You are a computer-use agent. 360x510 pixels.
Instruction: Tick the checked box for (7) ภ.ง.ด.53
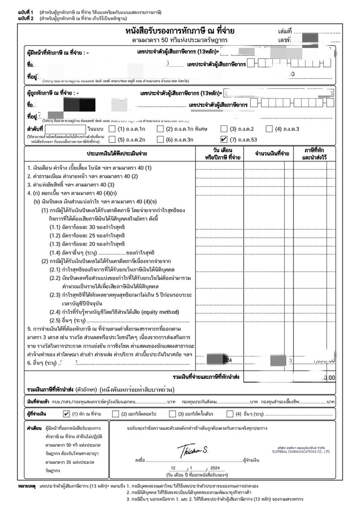(x=224, y=139)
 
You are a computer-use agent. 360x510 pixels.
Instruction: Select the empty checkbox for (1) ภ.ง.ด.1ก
(x=113, y=129)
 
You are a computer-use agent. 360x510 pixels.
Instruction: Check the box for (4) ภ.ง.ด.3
(x=270, y=129)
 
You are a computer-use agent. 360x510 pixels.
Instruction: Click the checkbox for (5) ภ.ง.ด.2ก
(x=113, y=139)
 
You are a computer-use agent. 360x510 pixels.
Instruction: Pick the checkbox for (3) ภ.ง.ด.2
(x=224, y=129)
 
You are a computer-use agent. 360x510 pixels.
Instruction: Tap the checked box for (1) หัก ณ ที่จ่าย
(x=66, y=413)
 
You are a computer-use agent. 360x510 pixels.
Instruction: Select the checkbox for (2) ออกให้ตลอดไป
(x=116, y=413)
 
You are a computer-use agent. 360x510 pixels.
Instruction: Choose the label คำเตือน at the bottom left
(x=34, y=427)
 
